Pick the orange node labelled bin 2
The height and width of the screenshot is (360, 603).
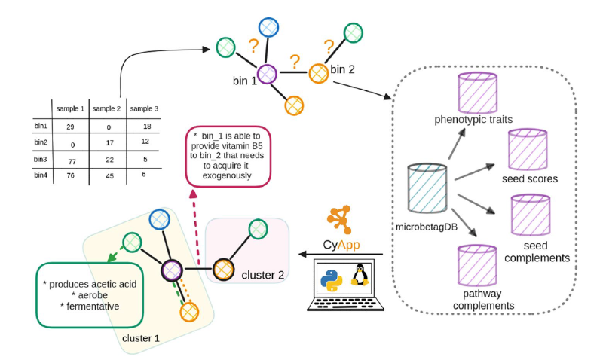click(319, 73)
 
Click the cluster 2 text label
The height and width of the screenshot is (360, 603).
click(263, 276)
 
